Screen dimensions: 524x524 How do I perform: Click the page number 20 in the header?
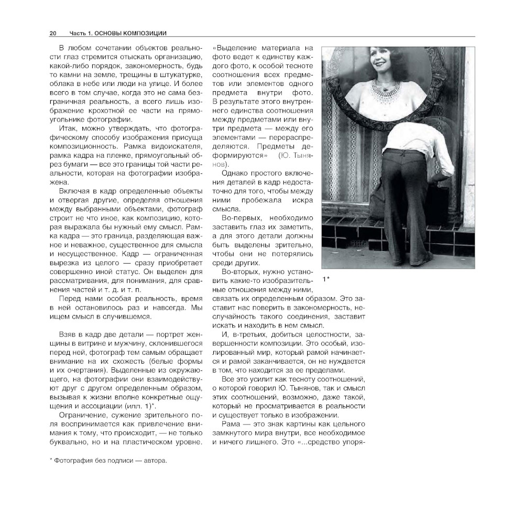[x=53, y=34]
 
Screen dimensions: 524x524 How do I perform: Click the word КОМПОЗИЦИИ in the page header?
[x=142, y=34]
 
